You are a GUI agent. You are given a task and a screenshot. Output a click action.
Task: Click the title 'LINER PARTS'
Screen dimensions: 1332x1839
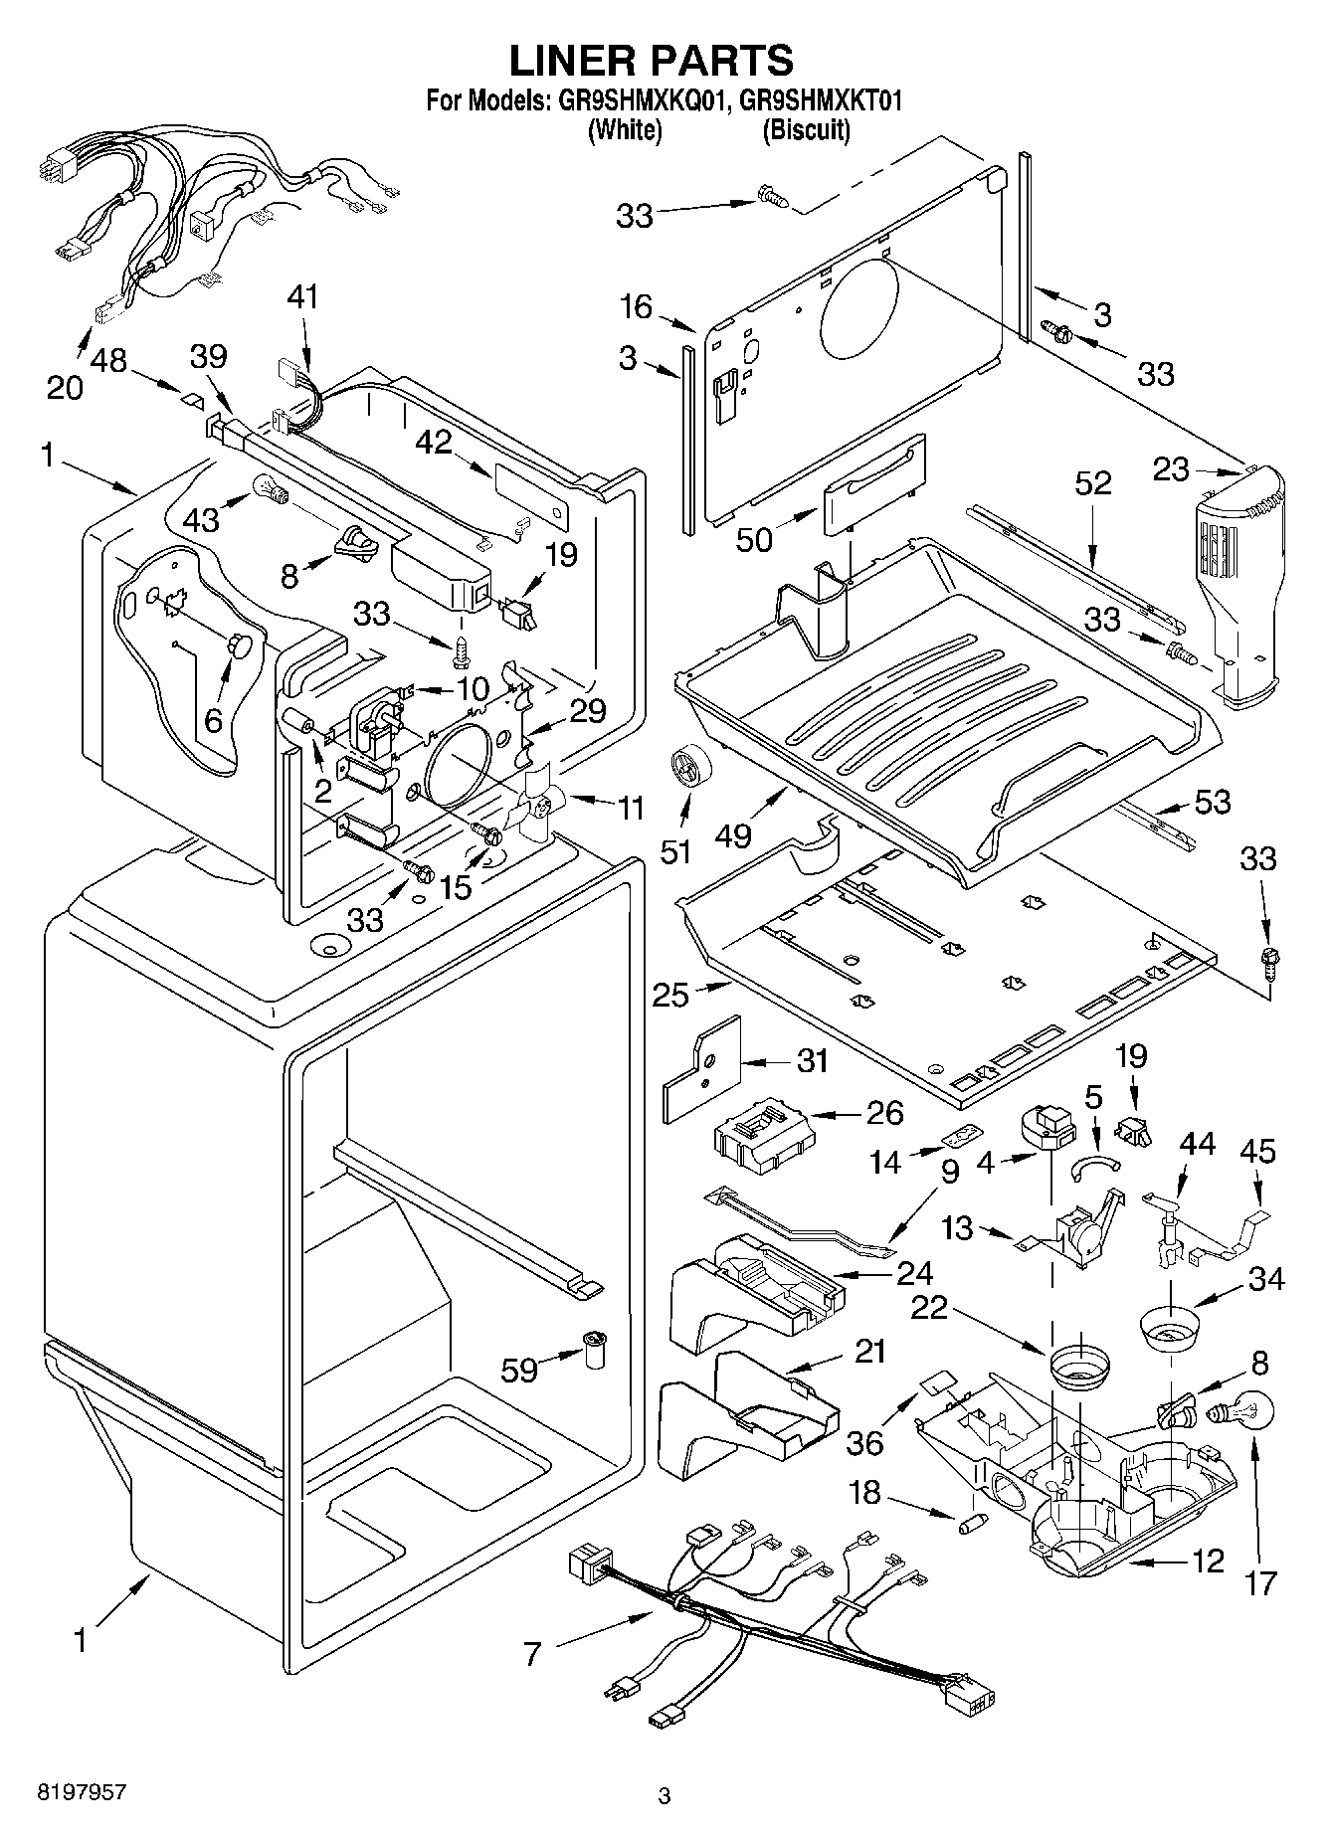coord(652,60)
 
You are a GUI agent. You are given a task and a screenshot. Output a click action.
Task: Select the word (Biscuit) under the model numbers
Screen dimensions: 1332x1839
coord(806,130)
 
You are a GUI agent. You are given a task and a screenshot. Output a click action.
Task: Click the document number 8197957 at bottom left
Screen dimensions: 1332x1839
coord(82,1792)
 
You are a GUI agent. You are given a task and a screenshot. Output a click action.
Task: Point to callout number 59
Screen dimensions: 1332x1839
coord(519,1372)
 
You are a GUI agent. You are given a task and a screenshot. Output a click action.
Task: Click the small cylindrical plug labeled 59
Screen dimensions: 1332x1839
coord(595,1348)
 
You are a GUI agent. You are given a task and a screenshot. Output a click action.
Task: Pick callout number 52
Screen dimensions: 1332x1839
coord(1092,482)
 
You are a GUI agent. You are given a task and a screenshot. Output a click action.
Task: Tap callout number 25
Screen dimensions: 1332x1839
coord(671,995)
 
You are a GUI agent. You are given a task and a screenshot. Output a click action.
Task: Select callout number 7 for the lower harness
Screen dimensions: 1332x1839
coord(533,1654)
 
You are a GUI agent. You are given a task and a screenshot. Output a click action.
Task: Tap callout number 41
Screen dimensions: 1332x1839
coord(304,296)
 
